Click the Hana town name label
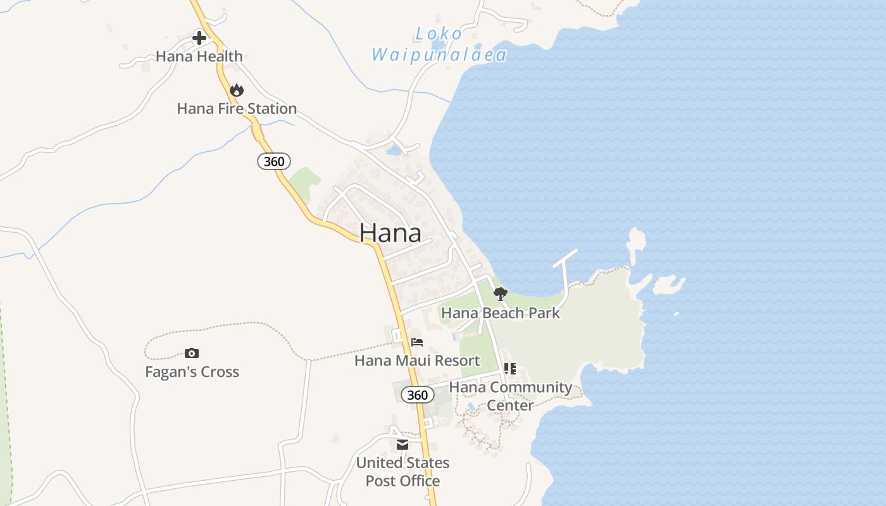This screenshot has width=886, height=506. [x=390, y=233]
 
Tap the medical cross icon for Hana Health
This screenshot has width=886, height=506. [x=199, y=38]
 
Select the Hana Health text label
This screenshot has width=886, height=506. [x=199, y=56]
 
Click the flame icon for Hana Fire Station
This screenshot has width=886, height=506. [x=237, y=90]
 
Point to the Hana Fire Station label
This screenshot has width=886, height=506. [x=237, y=109]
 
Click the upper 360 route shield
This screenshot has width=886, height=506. [x=274, y=161]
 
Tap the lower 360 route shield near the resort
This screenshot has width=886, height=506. [x=418, y=395]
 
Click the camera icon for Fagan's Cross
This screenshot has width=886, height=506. [x=192, y=354]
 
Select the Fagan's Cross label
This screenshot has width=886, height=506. [x=192, y=372]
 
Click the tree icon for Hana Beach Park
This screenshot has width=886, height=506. [x=500, y=294]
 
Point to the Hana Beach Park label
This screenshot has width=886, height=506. [x=500, y=312]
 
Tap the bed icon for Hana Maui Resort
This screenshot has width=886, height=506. [x=417, y=342]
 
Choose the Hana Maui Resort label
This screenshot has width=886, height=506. [x=417, y=361]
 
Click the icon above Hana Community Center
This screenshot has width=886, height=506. [x=510, y=368]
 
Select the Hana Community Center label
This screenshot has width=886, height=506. [x=510, y=395]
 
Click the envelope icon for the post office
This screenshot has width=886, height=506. [x=402, y=445]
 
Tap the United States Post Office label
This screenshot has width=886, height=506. [x=402, y=472]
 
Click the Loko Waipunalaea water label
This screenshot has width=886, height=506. [x=439, y=44]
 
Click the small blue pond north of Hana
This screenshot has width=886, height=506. [x=394, y=151]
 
